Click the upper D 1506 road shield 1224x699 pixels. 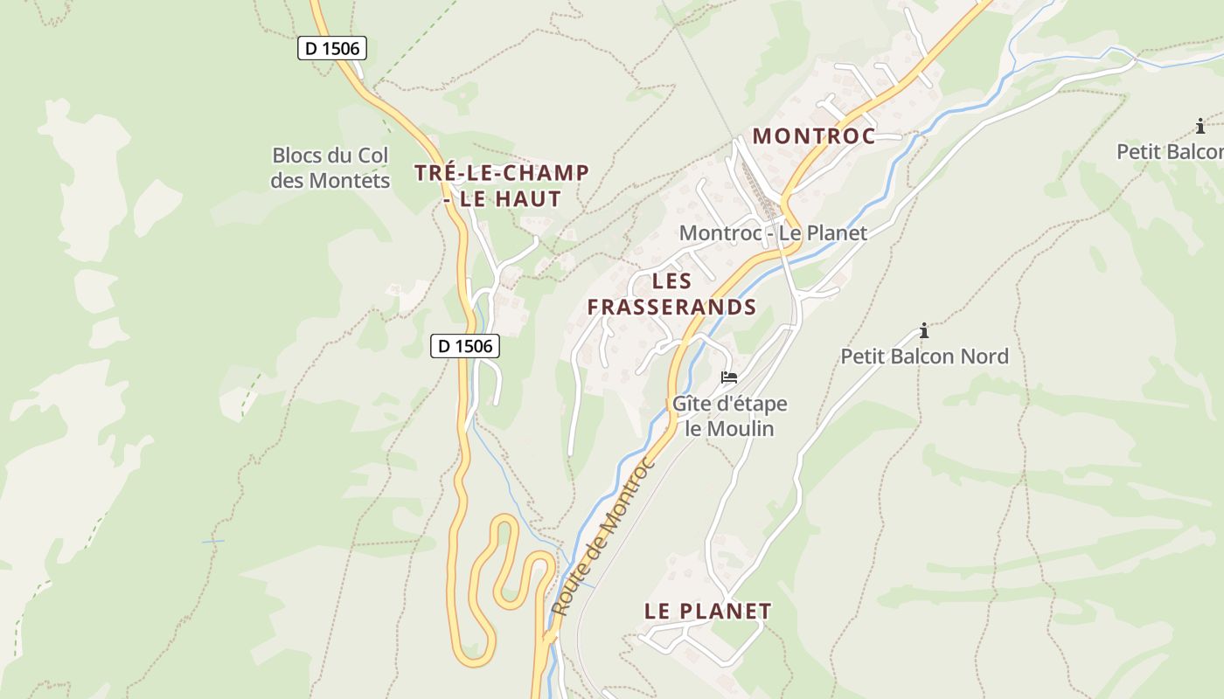[332, 48]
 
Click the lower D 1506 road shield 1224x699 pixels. [465, 346]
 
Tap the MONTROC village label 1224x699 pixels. [813, 136]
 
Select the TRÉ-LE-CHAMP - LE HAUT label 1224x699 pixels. [502, 185]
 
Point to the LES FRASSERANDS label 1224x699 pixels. [671, 294]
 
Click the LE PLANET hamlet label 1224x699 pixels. [707, 612]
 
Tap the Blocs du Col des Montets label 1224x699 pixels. [330, 168]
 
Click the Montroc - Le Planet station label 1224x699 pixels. [773, 233]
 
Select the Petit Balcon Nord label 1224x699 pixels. [924, 356]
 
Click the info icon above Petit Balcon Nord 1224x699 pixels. [924, 330]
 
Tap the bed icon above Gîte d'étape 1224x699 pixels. [729, 377]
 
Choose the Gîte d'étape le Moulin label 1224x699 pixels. [729, 417]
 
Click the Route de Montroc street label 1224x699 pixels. [604, 536]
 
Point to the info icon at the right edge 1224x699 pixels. [1200, 127]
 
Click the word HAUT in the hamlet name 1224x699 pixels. [528, 199]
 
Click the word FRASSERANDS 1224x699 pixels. [671, 308]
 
